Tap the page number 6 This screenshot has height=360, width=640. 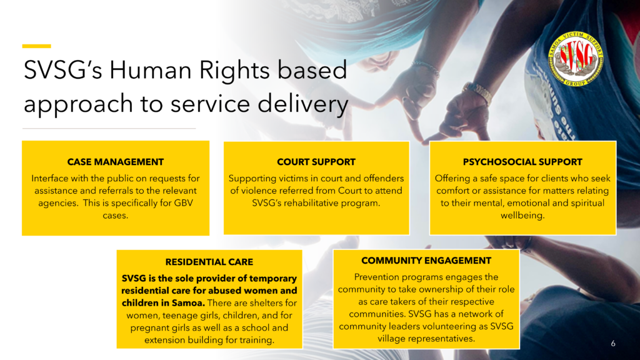point(612,344)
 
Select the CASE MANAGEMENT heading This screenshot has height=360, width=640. point(116,162)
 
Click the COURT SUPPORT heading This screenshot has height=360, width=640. point(316,162)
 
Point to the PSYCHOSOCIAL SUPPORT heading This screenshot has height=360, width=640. point(522,162)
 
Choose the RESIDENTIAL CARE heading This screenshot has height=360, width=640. point(209,262)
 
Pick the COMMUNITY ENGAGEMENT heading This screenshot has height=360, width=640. point(426,261)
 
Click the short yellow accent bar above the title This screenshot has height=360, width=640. point(36,46)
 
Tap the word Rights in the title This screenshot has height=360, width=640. point(234,70)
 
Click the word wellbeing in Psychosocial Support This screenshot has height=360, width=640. point(522,216)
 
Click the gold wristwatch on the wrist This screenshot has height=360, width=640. point(477,92)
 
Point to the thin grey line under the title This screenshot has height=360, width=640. point(109,129)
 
